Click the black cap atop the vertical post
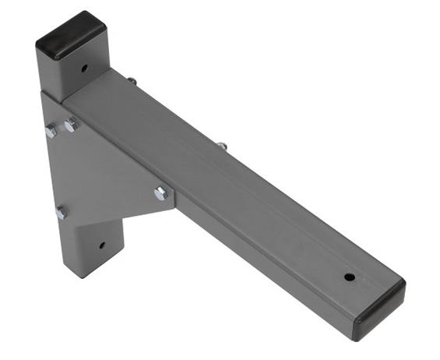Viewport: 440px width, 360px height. coord(70,35)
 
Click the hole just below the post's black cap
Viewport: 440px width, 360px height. coord(84,68)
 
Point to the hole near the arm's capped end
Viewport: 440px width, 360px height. coord(350,277)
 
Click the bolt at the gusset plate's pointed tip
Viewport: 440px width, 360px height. coord(161,193)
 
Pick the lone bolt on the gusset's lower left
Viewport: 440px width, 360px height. coord(61,212)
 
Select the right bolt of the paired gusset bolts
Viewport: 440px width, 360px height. coord(70,125)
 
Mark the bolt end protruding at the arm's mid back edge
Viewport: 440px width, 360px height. coord(222,145)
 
